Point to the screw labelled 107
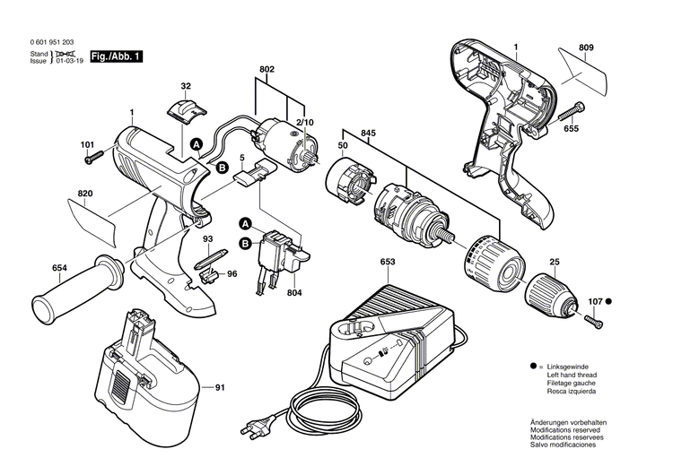(x=592, y=318)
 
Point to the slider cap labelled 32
(x=187, y=112)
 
